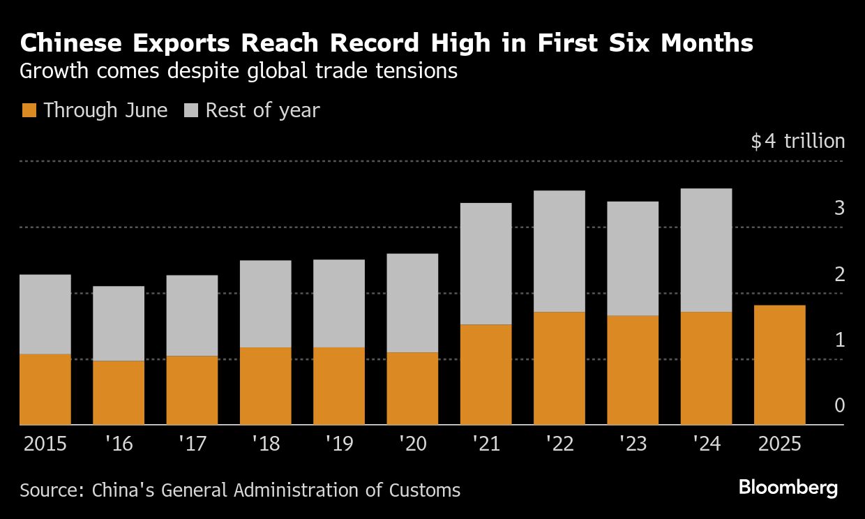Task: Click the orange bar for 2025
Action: click(780, 365)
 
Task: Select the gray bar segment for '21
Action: click(486, 264)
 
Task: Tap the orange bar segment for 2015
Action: click(45, 389)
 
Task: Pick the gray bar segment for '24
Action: click(706, 250)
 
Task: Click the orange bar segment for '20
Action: click(412, 389)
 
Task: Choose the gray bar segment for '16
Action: click(119, 323)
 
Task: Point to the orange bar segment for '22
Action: click(559, 368)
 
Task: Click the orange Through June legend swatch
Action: click(29, 110)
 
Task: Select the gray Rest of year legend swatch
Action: click(190, 110)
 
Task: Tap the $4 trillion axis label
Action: click(798, 142)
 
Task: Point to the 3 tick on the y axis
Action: click(839, 208)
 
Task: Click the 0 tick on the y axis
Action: click(839, 406)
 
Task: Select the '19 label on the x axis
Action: click(339, 444)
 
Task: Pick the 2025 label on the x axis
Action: click(779, 444)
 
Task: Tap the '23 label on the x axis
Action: click(633, 444)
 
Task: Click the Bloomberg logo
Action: click(788, 488)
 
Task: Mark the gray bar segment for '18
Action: click(265, 303)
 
